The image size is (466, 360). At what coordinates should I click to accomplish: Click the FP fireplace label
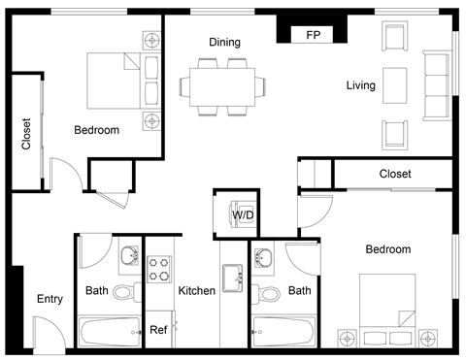coord(313,35)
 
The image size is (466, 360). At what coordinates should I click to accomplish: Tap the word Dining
coord(224,43)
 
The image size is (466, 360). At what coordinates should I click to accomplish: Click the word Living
coord(360,86)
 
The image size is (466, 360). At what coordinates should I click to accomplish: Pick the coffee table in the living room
coord(394,86)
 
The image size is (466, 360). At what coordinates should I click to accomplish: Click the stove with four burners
coord(158,269)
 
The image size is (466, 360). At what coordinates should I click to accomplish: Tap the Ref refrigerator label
coord(157,330)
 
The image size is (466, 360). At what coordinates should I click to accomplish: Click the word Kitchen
coord(196,291)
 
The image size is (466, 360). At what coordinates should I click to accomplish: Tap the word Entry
coord(50,299)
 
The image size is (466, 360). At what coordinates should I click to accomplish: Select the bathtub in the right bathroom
coord(283,332)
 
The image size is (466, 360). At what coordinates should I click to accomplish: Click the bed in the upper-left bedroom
coord(114,82)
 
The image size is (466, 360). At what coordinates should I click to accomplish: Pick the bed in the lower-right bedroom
coord(386,303)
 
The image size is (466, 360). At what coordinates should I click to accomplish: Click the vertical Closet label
coord(26,135)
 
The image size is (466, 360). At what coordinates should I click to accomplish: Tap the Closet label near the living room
coord(395,175)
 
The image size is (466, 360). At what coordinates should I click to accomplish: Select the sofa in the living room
coord(436,86)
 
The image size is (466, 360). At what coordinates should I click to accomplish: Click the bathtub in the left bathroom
coord(110,332)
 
